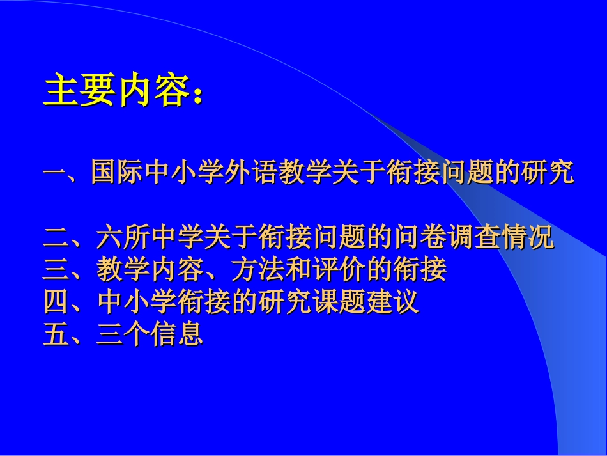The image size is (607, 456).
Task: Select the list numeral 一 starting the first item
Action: coord(55,173)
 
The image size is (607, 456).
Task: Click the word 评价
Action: coord(339,270)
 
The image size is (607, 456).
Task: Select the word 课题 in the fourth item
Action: coord(339,302)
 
